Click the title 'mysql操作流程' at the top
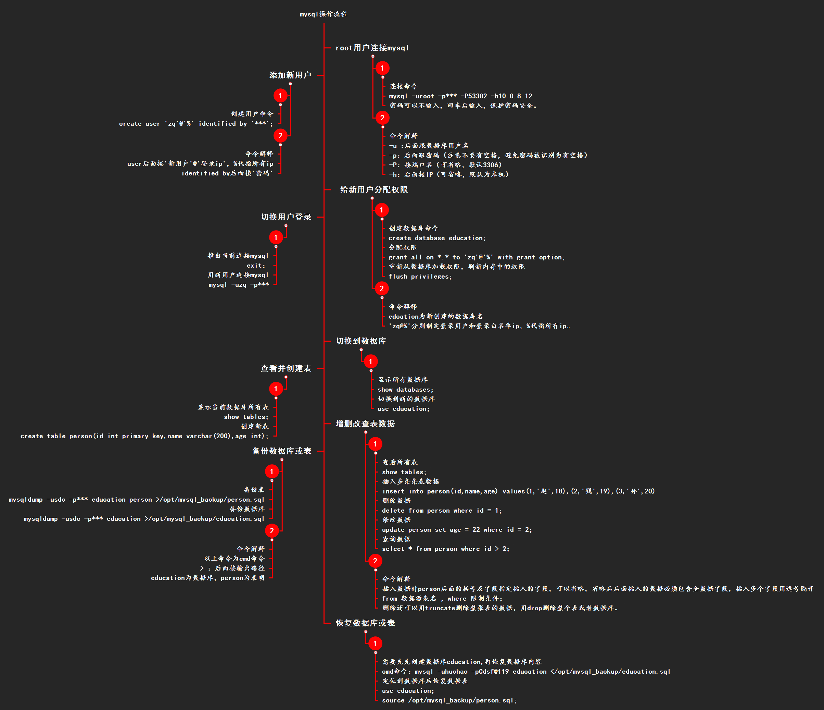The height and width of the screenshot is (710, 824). coord(323,14)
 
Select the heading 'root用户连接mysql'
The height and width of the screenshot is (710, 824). coord(372,48)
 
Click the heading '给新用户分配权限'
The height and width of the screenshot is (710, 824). coord(374,189)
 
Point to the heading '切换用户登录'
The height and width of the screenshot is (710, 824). coord(286,217)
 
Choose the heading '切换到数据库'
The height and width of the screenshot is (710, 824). coord(361,341)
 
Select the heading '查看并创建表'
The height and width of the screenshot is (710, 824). coord(286,368)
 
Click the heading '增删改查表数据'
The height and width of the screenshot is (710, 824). coord(365,424)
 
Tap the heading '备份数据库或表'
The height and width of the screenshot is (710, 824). coord(281,451)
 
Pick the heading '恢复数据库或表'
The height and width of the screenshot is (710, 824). coord(365,623)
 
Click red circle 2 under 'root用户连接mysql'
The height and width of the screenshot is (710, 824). coord(382,118)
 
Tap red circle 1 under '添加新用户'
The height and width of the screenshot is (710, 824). coord(280,96)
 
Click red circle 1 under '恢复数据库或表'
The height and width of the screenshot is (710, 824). coord(375,643)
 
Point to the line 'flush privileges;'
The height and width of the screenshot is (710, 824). coord(420,277)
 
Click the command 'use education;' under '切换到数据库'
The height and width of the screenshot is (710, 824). coord(403,409)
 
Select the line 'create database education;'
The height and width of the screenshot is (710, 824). coord(437,238)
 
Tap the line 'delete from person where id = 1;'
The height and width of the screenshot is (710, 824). coord(441,510)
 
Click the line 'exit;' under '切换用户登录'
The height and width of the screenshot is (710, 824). coord(256,266)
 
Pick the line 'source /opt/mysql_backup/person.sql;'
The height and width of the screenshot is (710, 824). coord(449,700)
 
